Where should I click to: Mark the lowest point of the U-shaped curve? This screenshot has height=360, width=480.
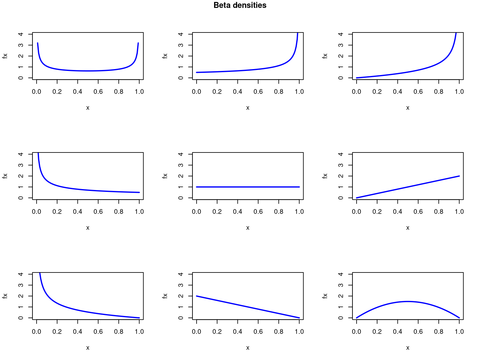click(x=88, y=71)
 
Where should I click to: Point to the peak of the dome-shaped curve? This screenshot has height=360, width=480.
click(x=408, y=301)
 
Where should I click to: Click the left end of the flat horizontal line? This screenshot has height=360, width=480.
click(x=197, y=187)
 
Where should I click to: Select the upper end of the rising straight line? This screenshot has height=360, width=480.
click(x=459, y=176)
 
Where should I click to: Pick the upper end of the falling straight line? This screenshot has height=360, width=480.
click(x=197, y=296)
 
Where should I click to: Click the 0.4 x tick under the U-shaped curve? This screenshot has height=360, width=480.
click(x=77, y=92)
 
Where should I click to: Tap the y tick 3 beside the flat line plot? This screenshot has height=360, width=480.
click(x=181, y=165)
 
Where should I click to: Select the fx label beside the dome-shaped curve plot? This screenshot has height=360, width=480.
click(x=325, y=296)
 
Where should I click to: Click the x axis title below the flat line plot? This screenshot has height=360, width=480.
click(x=248, y=228)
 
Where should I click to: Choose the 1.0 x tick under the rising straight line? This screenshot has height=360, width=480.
click(x=459, y=212)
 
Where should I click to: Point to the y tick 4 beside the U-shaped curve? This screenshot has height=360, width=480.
click(x=21, y=34)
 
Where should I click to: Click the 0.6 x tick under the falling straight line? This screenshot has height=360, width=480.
click(x=258, y=332)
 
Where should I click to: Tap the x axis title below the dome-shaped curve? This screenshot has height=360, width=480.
click(x=408, y=348)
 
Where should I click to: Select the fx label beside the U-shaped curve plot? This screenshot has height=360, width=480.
click(x=5, y=56)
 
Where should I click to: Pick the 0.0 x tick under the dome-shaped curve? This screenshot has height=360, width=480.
click(x=357, y=332)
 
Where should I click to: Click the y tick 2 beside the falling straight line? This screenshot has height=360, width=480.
click(x=181, y=296)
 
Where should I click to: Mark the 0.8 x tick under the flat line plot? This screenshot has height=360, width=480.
click(x=279, y=212)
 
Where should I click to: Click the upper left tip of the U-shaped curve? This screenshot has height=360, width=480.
click(x=37, y=43)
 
